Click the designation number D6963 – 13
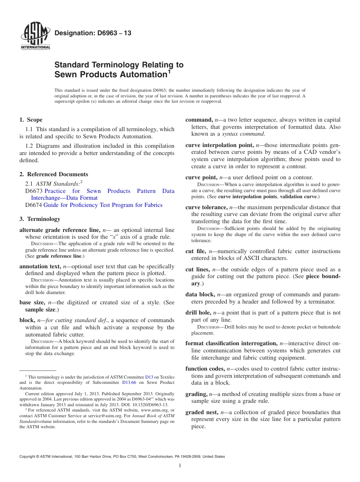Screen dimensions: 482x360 (x=93, y=33)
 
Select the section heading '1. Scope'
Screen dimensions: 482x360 (x=31, y=120)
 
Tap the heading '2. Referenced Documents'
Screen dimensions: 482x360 (x=54, y=174)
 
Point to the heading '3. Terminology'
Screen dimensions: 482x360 (x=40, y=219)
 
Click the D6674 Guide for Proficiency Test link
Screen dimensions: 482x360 (x=103, y=205)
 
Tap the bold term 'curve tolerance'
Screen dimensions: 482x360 (x=206, y=207)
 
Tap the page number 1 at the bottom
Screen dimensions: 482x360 (x=180, y=466)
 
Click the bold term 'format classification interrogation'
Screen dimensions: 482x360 (x=231, y=343)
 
